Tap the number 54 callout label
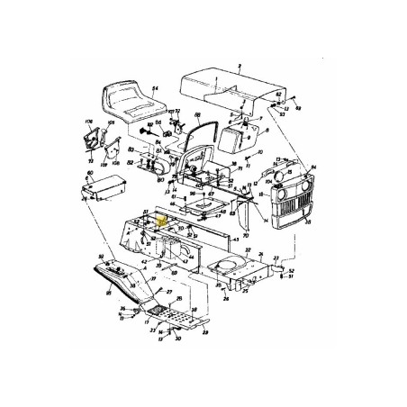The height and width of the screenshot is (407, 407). (154, 87)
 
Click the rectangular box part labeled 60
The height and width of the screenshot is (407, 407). (104, 190)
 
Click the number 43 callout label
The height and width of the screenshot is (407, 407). (235, 241)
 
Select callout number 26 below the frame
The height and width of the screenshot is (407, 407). (226, 300)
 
